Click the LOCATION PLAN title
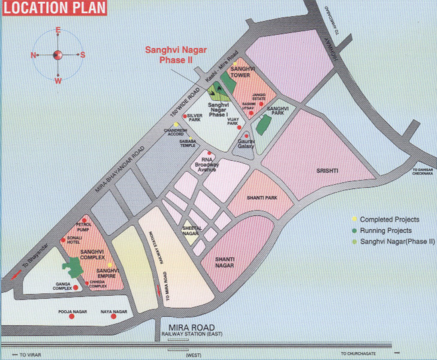click(x=53, y=8)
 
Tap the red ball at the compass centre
click(x=58, y=55)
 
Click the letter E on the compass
click(x=58, y=30)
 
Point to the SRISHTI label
click(x=327, y=171)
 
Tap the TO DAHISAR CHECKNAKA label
click(x=421, y=173)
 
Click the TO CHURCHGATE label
click(x=358, y=353)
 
